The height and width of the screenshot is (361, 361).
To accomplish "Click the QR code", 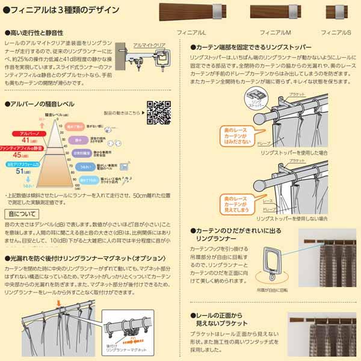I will [158, 113].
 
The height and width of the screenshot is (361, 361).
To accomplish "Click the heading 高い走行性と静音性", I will [35, 33].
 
